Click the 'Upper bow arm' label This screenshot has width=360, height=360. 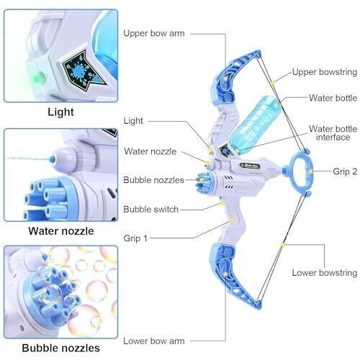coord(154,33)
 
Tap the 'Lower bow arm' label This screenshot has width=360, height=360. coord(154,341)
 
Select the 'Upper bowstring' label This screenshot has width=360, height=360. coord(325,72)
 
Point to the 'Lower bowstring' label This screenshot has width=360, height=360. coord(325,273)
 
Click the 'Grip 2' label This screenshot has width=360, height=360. coord(345,171)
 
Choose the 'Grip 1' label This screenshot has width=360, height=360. coord(135,238)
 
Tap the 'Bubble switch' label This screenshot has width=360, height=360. coord(151,210)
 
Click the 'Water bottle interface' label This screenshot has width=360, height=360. coord(333,133)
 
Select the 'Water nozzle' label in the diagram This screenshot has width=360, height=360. coord(150,151)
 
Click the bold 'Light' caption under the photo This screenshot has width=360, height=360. coord(60,112)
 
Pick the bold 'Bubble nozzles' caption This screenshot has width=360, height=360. coord(60,348)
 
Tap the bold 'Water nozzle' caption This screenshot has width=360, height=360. coord(61,231)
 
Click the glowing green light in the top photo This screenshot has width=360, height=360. coord(39,77)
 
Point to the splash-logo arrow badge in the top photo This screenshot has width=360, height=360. coord(83,71)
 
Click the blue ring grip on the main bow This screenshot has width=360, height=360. coord(300,171)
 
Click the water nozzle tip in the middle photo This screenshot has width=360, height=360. coord(52,158)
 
